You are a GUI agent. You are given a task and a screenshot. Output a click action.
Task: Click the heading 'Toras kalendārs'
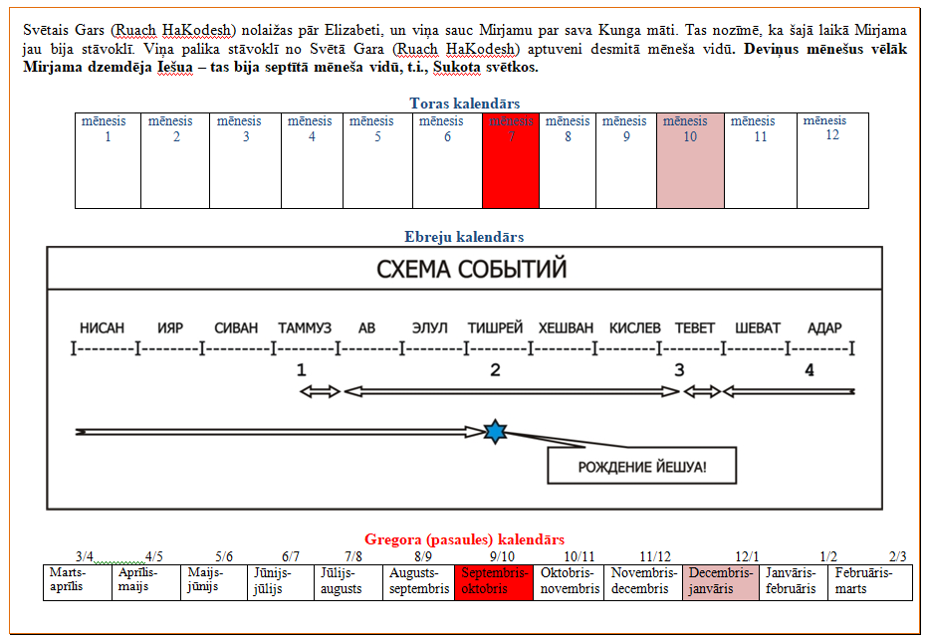[464, 103]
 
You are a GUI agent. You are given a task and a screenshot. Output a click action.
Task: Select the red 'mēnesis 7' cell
[511, 159]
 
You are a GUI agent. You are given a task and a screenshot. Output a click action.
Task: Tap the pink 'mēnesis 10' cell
[689, 159]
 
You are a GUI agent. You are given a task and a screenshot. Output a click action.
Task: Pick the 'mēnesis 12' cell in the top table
[832, 159]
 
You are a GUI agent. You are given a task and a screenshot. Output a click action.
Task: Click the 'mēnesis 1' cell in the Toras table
[108, 159]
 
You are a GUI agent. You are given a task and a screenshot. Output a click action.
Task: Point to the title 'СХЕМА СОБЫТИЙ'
[471, 269]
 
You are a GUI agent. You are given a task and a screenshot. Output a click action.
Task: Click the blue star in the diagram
[494, 431]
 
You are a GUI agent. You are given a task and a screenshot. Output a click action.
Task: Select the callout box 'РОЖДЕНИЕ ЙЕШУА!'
[642, 466]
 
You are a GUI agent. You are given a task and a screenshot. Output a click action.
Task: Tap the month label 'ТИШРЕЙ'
[495, 328]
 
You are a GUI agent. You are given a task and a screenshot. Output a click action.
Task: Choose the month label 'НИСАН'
[102, 328]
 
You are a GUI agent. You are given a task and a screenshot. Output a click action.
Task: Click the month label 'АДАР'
[824, 328]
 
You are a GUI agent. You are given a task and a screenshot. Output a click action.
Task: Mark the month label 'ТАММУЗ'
[304, 328]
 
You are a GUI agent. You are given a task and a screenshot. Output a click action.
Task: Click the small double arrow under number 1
[320, 391]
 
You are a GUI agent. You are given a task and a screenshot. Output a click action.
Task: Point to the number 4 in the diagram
[809, 370]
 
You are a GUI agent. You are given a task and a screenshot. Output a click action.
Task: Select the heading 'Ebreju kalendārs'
[464, 237]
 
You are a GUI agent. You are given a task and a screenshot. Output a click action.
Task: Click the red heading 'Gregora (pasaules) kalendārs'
[464, 539]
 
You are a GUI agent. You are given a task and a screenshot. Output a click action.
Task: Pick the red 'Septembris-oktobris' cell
[494, 581]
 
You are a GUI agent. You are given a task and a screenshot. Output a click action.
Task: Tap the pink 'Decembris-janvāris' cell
[721, 581]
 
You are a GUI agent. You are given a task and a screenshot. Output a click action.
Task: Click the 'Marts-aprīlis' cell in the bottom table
[77, 581]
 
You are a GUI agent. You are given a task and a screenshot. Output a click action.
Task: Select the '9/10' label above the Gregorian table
[503, 556]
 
